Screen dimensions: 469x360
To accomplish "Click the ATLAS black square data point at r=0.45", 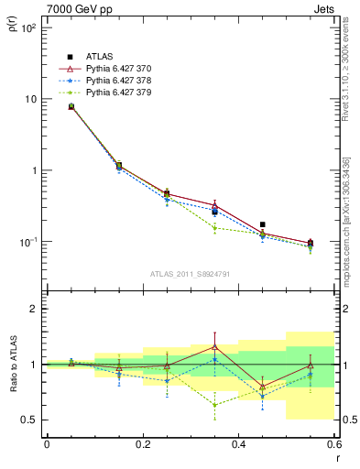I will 263,224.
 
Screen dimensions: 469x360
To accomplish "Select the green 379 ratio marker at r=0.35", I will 214,405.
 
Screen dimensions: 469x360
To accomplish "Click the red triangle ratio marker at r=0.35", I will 214,346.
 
